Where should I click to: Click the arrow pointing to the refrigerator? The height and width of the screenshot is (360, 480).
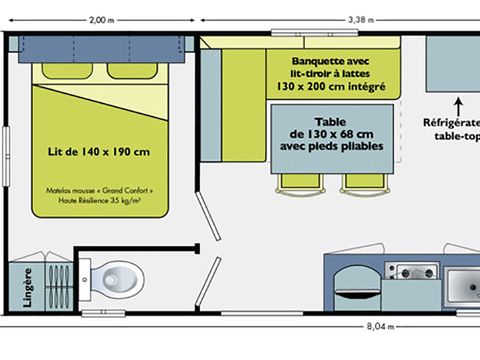458,103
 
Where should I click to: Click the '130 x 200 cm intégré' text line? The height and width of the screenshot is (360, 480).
324,86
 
